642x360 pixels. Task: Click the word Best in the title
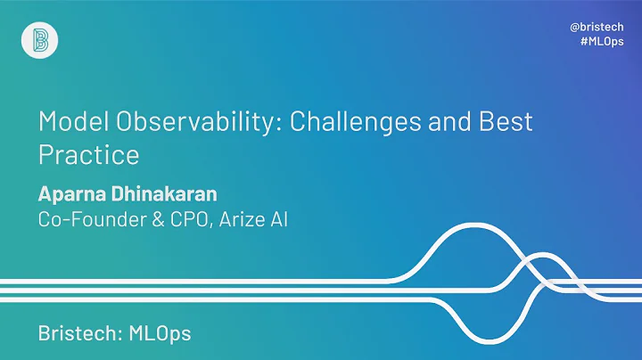pos(506,121)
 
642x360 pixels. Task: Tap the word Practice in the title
pos(88,154)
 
